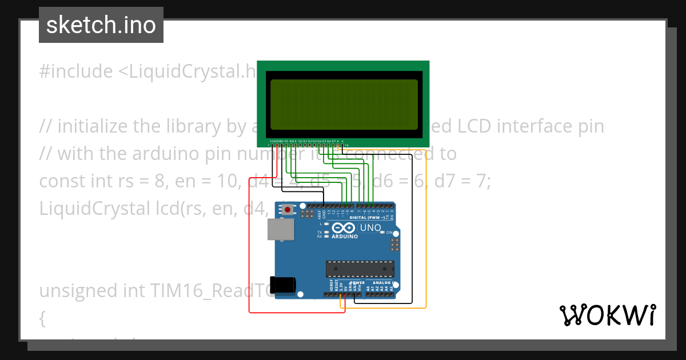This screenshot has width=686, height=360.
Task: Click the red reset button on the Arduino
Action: click(288, 210)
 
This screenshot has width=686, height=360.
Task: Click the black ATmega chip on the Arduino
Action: click(360, 267)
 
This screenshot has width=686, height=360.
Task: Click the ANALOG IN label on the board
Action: click(384, 282)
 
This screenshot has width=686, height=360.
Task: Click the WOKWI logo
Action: click(607, 315)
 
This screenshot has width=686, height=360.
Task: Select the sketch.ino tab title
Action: click(101, 25)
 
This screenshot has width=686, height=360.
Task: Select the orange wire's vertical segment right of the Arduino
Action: click(426, 229)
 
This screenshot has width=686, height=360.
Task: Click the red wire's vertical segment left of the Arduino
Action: click(249, 246)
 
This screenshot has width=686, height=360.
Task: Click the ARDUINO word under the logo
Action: click(344, 237)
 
